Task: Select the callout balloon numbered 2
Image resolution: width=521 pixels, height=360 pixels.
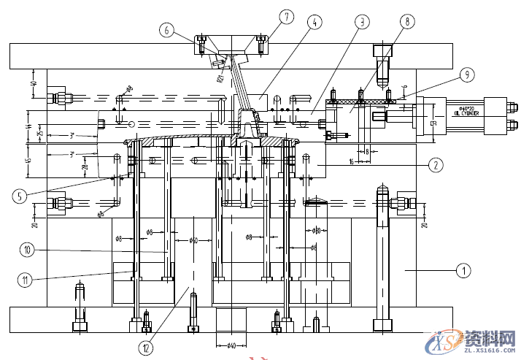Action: click(435, 165)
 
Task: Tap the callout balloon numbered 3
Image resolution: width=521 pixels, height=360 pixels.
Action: click(360, 22)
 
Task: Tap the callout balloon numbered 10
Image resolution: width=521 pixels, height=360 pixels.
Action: click(27, 250)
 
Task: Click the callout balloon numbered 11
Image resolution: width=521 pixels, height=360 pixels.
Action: click(27, 277)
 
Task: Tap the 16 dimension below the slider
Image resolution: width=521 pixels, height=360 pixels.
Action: click(352, 161)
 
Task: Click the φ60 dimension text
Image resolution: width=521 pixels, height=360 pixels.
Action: click(193, 239)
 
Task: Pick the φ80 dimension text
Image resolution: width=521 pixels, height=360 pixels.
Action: click(317, 231)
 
